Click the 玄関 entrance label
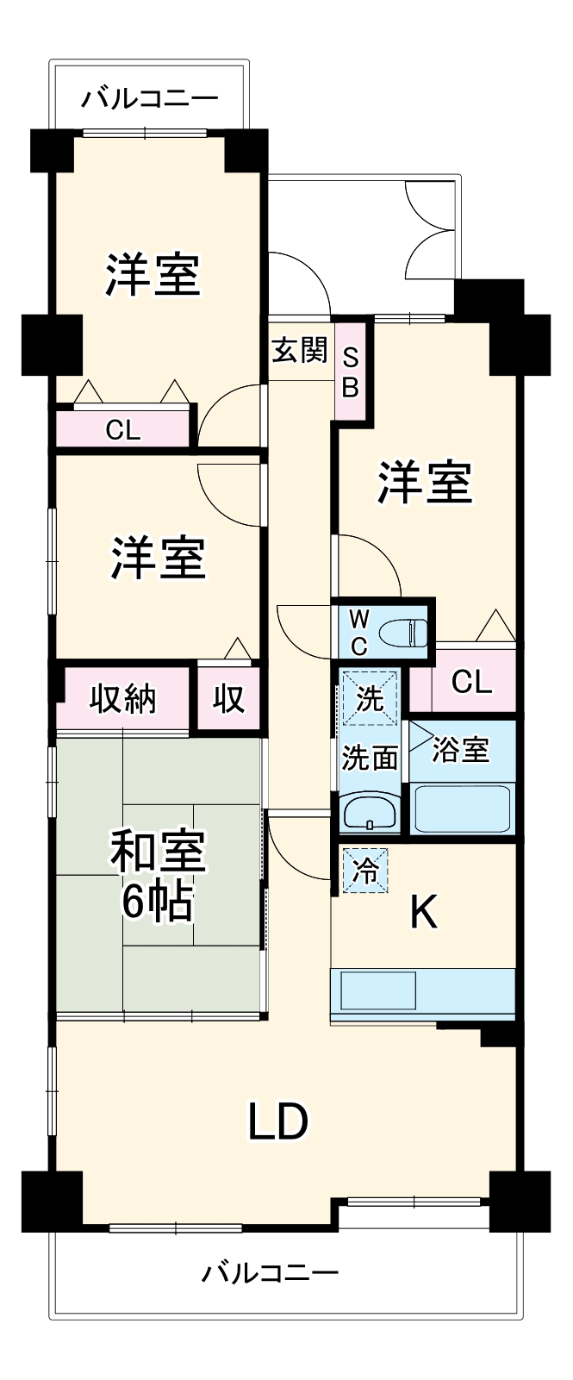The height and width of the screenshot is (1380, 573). click(x=300, y=351)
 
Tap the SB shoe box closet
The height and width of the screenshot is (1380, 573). click(x=351, y=371)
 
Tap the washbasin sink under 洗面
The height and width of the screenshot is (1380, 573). click(x=370, y=813)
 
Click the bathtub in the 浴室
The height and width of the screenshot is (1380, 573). click(x=463, y=808)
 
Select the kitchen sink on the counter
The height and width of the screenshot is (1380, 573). click(x=378, y=990)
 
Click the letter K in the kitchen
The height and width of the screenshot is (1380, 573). click(x=424, y=912)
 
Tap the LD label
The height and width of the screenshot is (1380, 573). click(x=278, y=1121)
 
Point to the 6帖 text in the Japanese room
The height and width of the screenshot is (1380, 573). click(x=157, y=902)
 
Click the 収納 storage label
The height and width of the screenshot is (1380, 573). click(x=123, y=698)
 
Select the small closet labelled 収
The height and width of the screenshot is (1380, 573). click(x=228, y=698)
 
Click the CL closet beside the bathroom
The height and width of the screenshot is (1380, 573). click(x=471, y=682)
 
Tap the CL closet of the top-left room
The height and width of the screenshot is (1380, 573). click(x=122, y=429)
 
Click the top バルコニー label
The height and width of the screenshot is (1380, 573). click(x=150, y=99)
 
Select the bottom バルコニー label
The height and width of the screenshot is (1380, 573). click(x=271, y=1271)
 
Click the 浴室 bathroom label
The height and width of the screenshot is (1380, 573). click(x=460, y=750)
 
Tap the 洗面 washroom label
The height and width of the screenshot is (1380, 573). click(x=370, y=758)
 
